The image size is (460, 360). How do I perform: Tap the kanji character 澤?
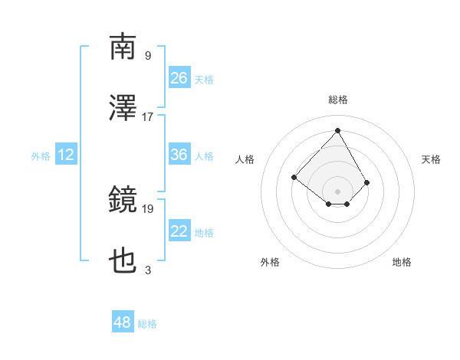123,109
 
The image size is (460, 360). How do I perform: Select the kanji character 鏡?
123,201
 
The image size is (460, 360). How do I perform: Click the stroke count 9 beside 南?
148,55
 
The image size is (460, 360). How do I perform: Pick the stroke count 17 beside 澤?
148,117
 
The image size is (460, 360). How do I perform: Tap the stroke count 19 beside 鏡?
148,208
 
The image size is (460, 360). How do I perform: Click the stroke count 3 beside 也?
148,270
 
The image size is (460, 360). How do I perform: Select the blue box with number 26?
179,78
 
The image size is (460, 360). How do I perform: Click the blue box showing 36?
179,155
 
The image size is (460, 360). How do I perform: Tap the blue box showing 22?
179,231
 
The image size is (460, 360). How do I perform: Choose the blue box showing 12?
66,155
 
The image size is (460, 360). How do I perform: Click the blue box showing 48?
123,322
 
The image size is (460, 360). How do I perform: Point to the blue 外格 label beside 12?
41,155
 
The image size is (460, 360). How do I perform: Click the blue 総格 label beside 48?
147,324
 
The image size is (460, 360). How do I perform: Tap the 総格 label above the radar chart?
337,100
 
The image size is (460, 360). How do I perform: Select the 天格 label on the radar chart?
431,159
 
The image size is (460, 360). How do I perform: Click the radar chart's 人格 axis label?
245,159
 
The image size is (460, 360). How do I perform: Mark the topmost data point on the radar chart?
337,130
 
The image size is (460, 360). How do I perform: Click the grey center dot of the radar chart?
337,191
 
